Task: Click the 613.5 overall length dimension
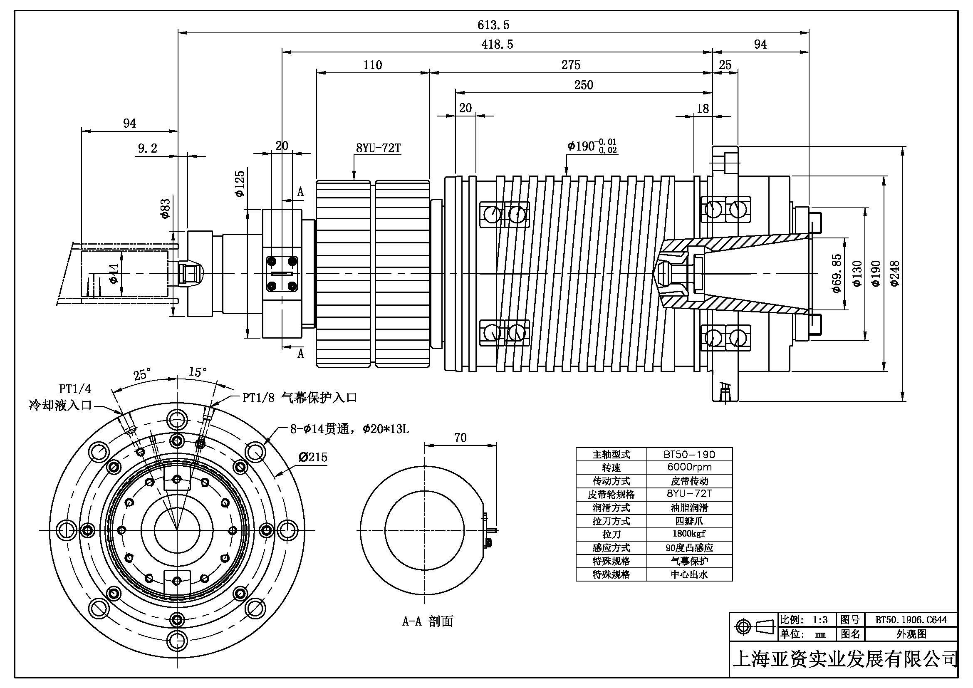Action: (x=493, y=25)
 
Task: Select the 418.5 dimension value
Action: (x=497, y=45)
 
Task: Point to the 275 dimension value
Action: (x=570, y=65)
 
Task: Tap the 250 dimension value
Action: (x=584, y=85)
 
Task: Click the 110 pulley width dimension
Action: (x=372, y=65)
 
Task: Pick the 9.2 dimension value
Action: (x=148, y=148)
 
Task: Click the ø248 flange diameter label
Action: (x=895, y=274)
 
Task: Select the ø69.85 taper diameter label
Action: (x=837, y=273)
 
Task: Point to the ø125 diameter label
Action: (x=240, y=183)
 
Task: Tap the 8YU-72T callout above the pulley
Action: (x=378, y=148)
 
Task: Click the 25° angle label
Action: (x=142, y=375)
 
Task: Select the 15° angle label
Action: (x=198, y=372)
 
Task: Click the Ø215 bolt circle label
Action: (x=313, y=457)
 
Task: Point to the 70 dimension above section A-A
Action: (x=460, y=438)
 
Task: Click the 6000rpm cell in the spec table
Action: (x=689, y=467)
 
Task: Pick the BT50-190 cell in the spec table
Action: (x=689, y=454)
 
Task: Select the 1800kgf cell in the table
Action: (x=689, y=533)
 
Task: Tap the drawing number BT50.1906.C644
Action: (x=911, y=620)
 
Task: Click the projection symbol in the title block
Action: (x=753, y=626)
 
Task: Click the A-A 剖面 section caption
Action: (x=428, y=621)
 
